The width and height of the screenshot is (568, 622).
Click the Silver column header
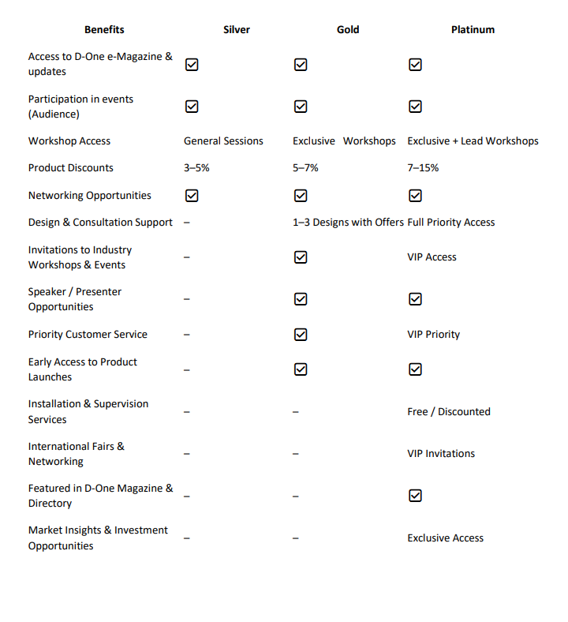pyautogui.click(x=237, y=30)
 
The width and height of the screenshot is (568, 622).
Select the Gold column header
pyautogui.click(x=348, y=30)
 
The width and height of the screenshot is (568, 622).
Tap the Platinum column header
pyautogui.click(x=473, y=30)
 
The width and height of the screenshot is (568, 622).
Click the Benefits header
pyautogui.click(x=104, y=30)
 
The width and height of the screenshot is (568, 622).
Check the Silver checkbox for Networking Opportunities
pyautogui.click(x=192, y=196)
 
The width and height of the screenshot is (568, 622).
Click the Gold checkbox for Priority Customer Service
pyautogui.click(x=301, y=335)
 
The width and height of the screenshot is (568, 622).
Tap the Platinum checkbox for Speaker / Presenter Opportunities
pyautogui.click(x=415, y=299)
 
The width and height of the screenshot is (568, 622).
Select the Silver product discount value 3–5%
pyautogui.click(x=196, y=168)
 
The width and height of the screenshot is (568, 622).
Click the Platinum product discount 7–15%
pyautogui.click(x=423, y=168)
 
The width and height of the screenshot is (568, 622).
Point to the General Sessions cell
pyautogui.click(x=223, y=141)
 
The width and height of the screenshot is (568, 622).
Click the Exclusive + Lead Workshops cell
pyautogui.click(x=473, y=141)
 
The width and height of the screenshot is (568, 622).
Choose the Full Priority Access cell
pyautogui.click(x=451, y=223)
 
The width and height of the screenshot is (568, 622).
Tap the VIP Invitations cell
pyautogui.click(x=441, y=454)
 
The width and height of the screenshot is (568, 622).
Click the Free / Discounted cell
pyautogui.click(x=449, y=412)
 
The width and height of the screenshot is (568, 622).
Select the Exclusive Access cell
pyautogui.click(x=445, y=538)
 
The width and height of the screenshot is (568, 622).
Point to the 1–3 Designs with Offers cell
pyautogui.click(x=348, y=223)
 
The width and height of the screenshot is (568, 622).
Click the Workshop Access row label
pyautogui.click(x=69, y=141)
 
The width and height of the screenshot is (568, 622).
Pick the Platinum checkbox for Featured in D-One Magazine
pyautogui.click(x=415, y=496)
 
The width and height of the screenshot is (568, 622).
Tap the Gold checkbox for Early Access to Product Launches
pyautogui.click(x=301, y=369)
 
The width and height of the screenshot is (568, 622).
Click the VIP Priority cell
pyautogui.click(x=433, y=335)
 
